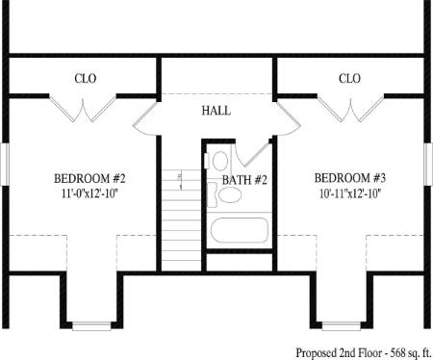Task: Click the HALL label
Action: (216, 111)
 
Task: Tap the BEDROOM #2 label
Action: (89, 178)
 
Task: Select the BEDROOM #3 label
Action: (350, 178)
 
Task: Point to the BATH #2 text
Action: (244, 180)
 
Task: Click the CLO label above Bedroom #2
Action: (86, 78)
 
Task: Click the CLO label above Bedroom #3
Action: (349, 78)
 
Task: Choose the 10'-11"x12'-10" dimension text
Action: (350, 193)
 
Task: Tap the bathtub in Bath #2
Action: (240, 230)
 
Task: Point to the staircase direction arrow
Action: (180, 180)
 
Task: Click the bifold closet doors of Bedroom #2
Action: (83, 109)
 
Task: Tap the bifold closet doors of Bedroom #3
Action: (350, 109)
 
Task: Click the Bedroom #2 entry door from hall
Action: (146, 119)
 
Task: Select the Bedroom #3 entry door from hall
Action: (288, 119)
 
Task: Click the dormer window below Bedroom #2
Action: (91, 326)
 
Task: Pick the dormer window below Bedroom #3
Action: (342, 326)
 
